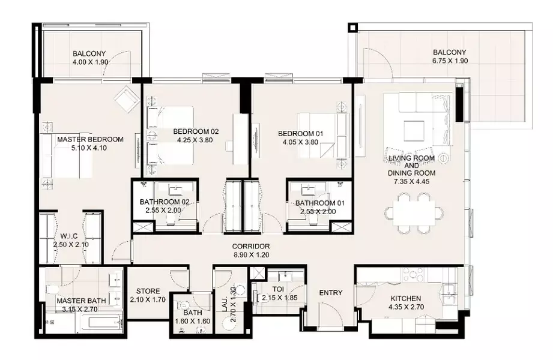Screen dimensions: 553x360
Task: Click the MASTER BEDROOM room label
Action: click(x=90, y=139)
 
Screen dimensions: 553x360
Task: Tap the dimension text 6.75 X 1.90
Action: click(x=450, y=61)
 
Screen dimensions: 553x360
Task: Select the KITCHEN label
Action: click(x=405, y=299)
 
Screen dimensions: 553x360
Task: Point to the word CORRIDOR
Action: click(x=251, y=247)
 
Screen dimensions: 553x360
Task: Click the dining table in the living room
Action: click(x=414, y=212)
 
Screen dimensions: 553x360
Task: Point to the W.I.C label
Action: click(x=69, y=236)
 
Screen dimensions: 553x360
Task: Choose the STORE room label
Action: click(x=148, y=291)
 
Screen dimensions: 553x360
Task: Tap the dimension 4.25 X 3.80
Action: click(x=195, y=140)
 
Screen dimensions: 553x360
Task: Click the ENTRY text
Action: click(x=331, y=293)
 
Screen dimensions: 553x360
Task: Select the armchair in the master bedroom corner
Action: click(x=126, y=100)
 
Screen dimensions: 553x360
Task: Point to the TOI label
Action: click(x=278, y=289)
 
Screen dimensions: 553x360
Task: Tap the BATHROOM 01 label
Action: click(x=320, y=203)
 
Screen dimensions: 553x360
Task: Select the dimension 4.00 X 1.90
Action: click(x=90, y=62)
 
